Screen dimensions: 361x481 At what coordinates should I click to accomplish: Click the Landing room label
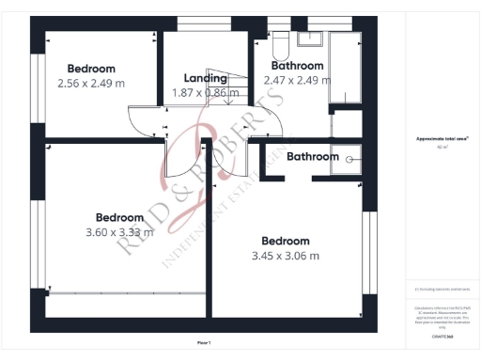click(205, 78)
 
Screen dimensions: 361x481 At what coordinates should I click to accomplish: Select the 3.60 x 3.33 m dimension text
click(118, 231)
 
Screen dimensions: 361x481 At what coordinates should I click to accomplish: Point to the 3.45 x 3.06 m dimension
click(286, 255)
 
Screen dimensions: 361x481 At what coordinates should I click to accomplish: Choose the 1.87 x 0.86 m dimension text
click(206, 92)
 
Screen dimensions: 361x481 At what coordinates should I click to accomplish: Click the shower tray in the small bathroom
click(352, 158)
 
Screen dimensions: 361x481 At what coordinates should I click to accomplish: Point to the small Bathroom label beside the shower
click(312, 157)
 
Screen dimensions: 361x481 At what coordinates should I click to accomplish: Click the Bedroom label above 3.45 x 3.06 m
click(286, 240)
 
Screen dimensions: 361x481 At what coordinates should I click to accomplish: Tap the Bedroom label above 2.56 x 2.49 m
click(91, 69)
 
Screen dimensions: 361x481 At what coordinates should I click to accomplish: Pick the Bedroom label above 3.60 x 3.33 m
click(119, 217)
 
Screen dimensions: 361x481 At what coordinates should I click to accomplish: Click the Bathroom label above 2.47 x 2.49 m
click(298, 67)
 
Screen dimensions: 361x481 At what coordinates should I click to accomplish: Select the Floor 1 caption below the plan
click(204, 342)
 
